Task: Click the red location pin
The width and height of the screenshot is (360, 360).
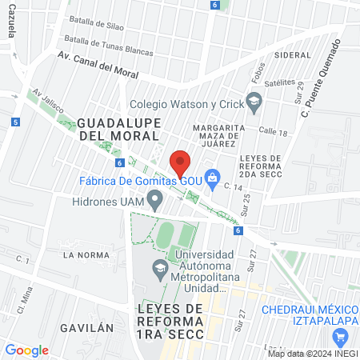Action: click(x=180, y=162)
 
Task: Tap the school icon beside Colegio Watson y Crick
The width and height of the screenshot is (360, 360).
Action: click(x=254, y=101)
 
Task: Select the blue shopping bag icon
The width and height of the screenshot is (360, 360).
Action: click(x=212, y=178)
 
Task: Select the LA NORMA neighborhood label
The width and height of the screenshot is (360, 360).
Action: click(x=85, y=254)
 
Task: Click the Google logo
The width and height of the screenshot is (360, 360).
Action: click(x=26, y=350)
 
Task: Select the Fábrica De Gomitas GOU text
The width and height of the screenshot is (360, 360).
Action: click(x=140, y=180)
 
